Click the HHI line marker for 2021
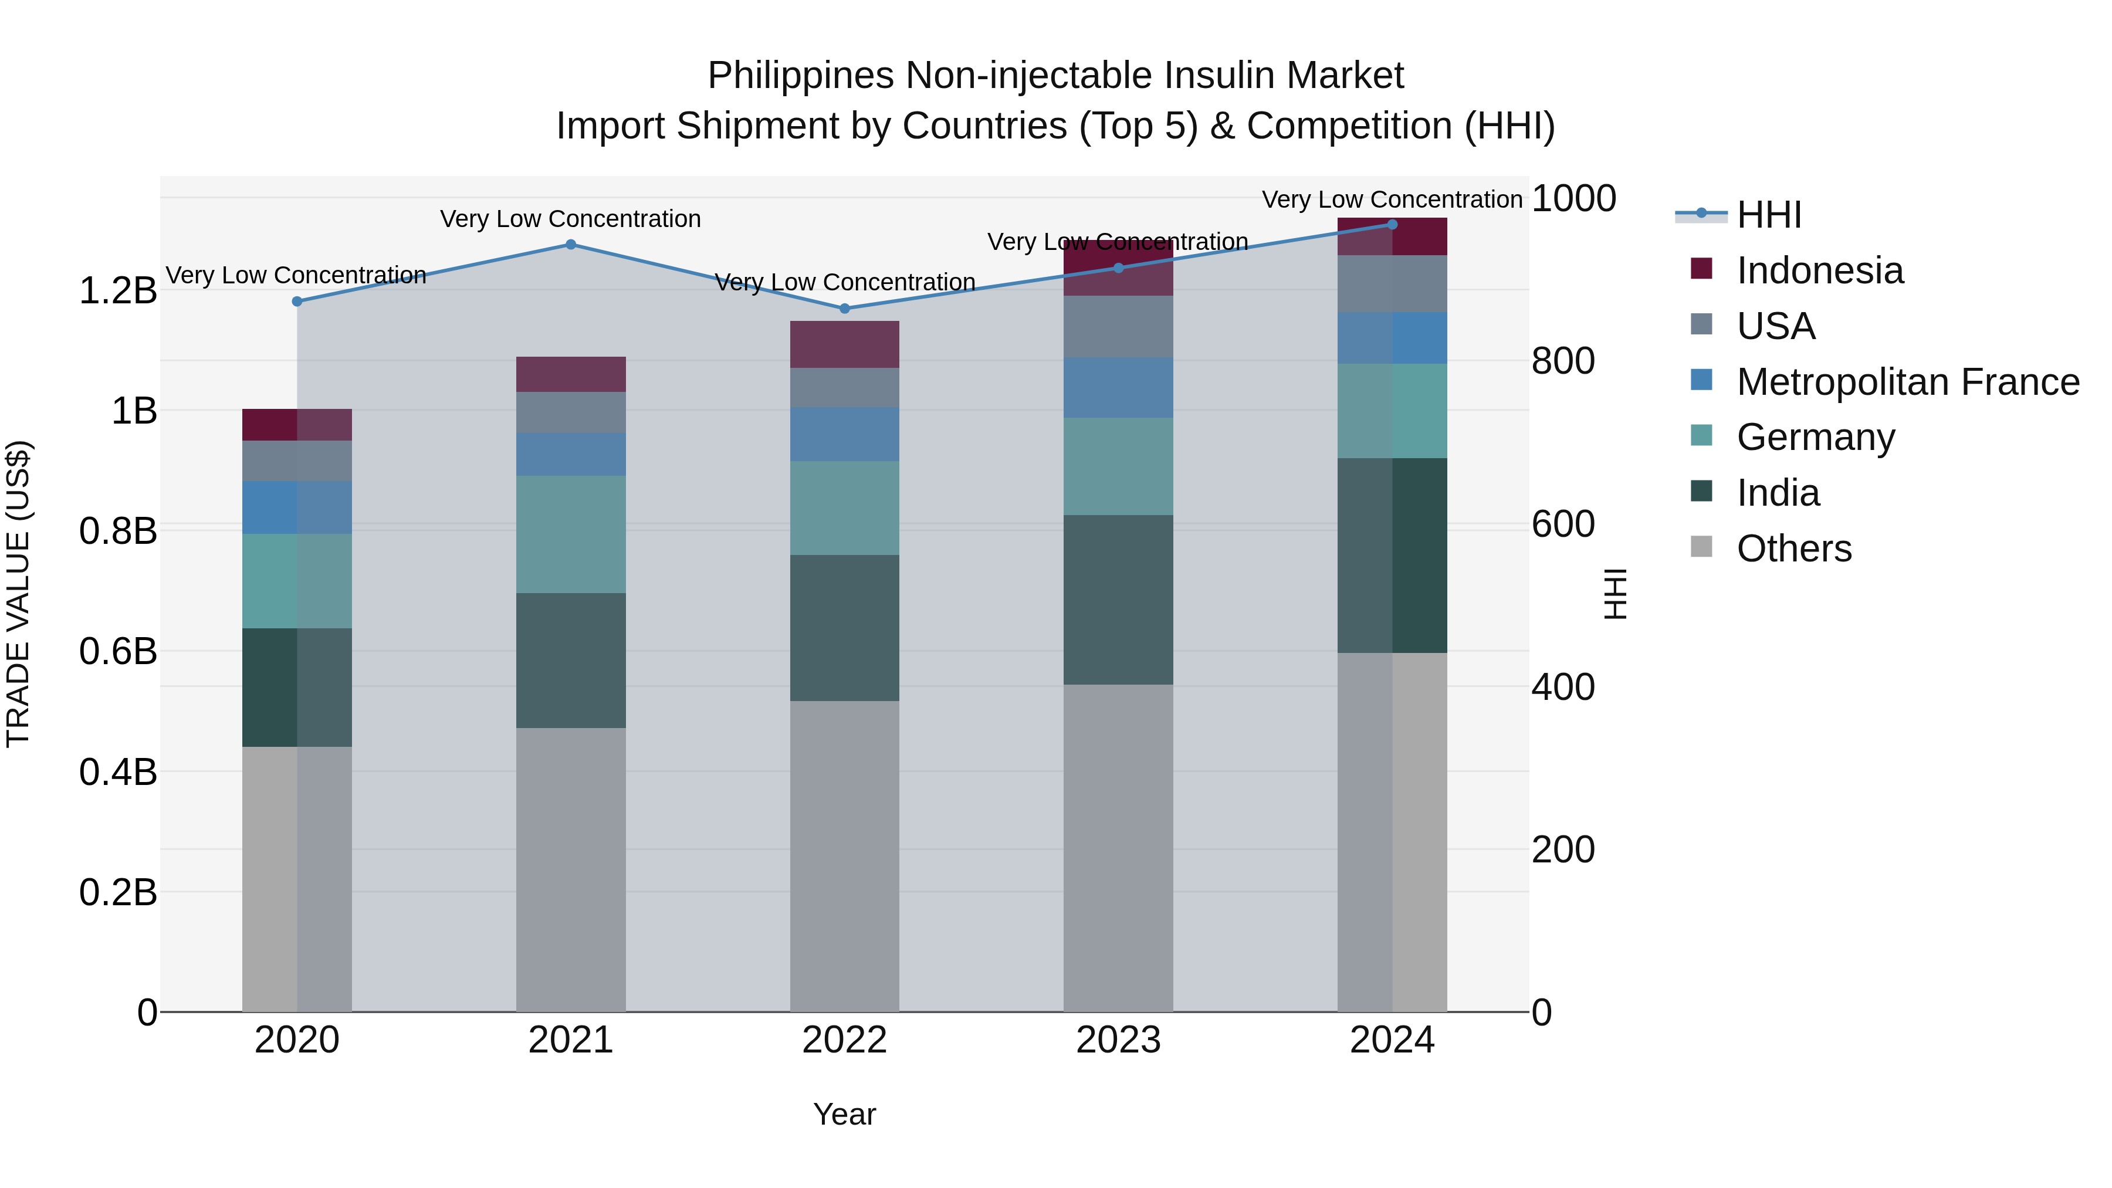(x=571, y=244)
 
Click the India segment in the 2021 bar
(x=571, y=660)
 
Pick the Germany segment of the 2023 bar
(x=1118, y=466)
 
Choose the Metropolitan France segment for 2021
(x=571, y=454)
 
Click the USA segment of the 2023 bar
(x=1118, y=326)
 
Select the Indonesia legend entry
(x=1819, y=270)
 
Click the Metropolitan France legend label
(x=1908, y=382)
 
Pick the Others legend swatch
(x=1701, y=547)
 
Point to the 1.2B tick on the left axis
(x=117, y=291)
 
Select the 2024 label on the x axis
(x=1392, y=1040)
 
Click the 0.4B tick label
(x=117, y=772)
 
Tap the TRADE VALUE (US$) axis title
(x=18, y=594)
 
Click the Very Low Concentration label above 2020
(x=296, y=276)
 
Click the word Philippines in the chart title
(x=800, y=76)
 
